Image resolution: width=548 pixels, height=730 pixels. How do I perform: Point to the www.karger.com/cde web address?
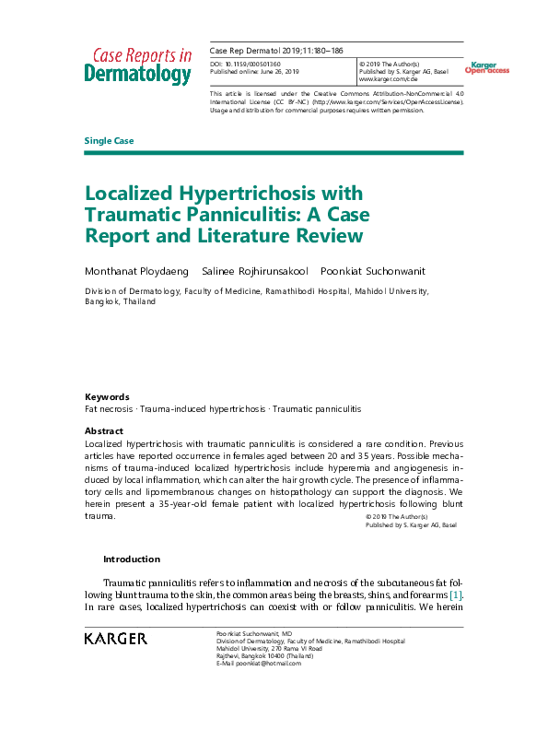click(391, 79)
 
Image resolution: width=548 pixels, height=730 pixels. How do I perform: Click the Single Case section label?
click(109, 141)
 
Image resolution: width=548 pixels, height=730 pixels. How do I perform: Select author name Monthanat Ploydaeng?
click(136, 271)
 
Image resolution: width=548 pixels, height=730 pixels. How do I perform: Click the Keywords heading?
click(107, 396)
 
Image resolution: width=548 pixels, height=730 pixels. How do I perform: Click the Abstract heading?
click(103, 431)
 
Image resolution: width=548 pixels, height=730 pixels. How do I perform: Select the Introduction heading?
click(131, 559)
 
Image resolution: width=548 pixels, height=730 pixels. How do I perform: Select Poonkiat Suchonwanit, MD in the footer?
click(254, 634)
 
